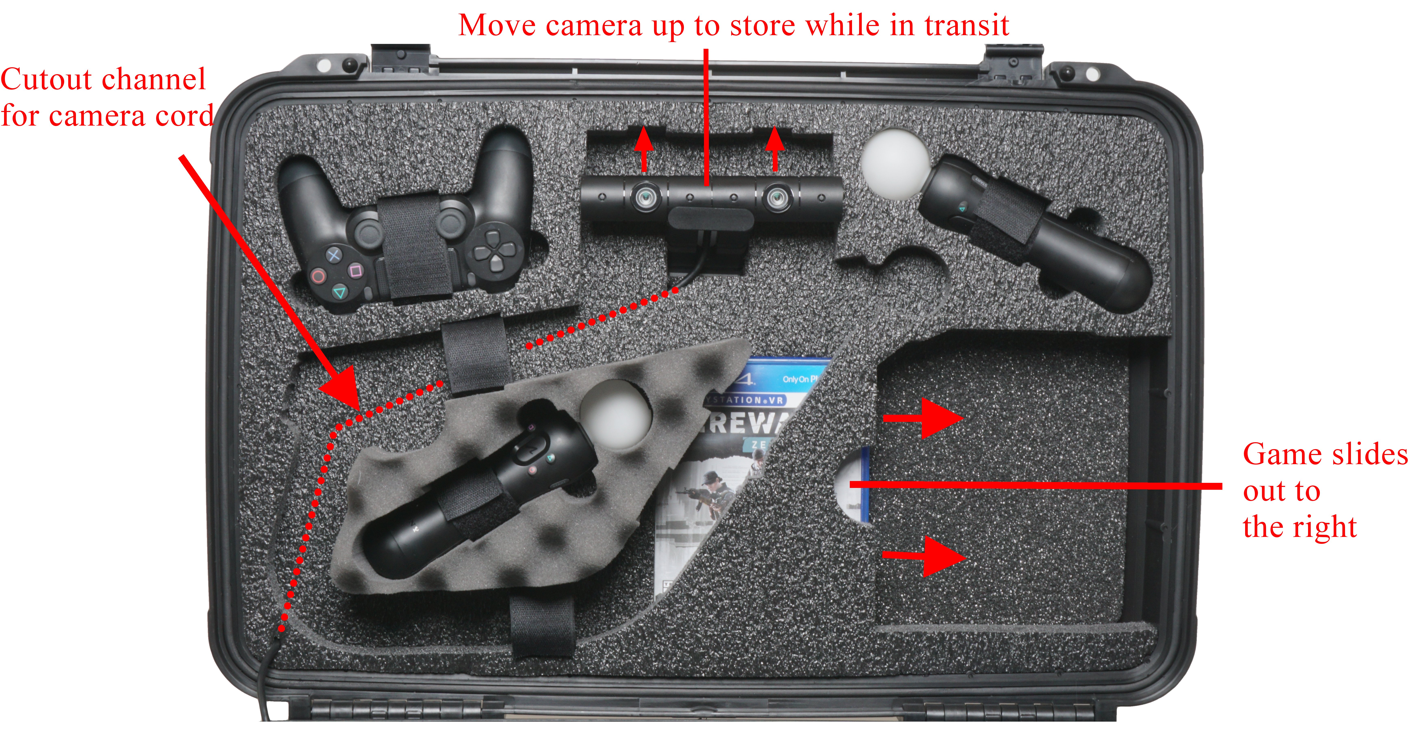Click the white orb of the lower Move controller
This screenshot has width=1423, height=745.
pyautogui.click(x=615, y=413)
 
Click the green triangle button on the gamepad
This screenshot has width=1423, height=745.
pyautogui.click(x=339, y=292)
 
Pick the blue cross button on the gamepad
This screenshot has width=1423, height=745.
pyautogui.click(x=334, y=255)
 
